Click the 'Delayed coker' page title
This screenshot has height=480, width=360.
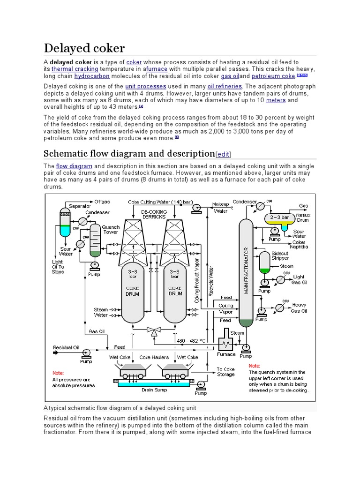tap(84, 48)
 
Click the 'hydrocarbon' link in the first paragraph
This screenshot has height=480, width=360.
tap(92, 76)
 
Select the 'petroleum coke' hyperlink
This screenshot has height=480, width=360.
tap(273, 76)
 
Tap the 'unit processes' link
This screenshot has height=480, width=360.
tap(146, 87)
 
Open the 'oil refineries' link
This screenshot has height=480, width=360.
tap(225, 87)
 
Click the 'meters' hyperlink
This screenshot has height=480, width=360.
tap(276, 100)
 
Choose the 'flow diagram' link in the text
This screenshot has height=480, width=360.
tap(74, 166)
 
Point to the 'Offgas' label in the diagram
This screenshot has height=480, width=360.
tap(102, 202)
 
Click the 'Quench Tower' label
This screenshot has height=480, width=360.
tap(111, 230)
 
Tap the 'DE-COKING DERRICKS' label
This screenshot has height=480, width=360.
tap(154, 215)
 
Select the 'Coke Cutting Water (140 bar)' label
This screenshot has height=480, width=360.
tap(160, 202)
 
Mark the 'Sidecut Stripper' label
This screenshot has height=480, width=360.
tap(280, 255)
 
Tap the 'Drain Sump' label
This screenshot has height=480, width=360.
tap(154, 389)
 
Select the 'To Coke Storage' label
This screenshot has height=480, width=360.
tap(226, 372)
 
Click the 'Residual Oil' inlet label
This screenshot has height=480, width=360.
tap(66, 347)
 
